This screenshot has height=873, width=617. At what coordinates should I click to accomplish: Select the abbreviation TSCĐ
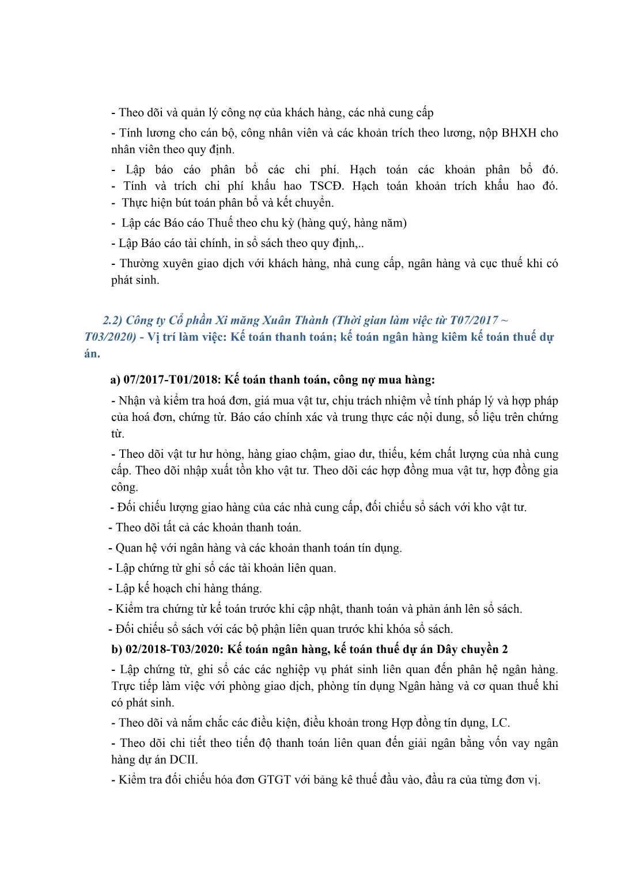coord(326,186)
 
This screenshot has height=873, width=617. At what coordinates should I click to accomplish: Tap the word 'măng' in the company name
coord(244,320)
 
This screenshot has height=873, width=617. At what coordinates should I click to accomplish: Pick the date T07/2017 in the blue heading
coord(474,320)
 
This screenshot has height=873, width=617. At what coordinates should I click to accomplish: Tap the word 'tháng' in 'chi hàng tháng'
coord(245,589)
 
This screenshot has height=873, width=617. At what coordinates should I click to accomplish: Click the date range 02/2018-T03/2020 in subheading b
coord(174,650)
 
